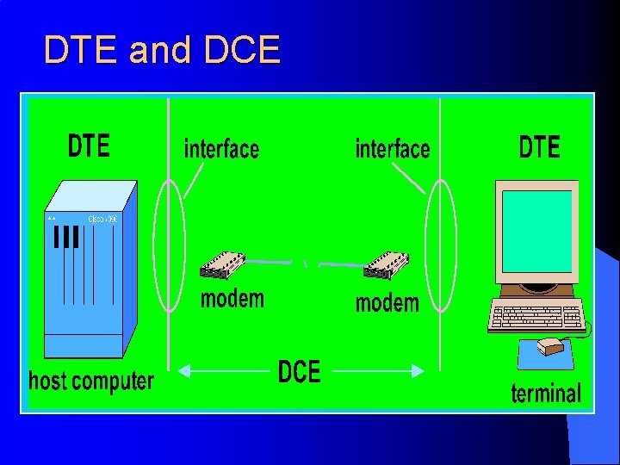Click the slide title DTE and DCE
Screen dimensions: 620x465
[x=162, y=51]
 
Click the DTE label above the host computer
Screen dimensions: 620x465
[x=89, y=146]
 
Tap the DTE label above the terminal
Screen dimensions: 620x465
[x=539, y=147]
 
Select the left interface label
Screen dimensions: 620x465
[x=221, y=149]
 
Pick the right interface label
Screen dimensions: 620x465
[x=393, y=149]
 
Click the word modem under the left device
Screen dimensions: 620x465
[x=232, y=299]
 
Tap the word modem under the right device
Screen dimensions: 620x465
[x=387, y=303]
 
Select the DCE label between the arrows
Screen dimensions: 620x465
[x=299, y=372]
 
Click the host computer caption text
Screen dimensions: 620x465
[x=91, y=381]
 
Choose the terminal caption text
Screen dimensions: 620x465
[x=546, y=394]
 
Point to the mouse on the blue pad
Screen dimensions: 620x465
[x=552, y=347]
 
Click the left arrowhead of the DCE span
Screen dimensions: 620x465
[x=183, y=371]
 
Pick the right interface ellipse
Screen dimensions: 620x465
[x=441, y=245]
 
